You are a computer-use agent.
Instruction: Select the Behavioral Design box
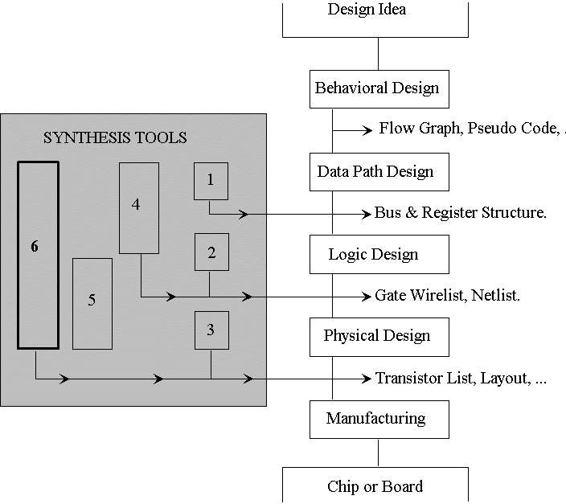coord(378,88)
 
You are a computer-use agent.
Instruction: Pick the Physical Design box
coord(378,336)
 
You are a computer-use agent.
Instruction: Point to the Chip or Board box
coord(375,485)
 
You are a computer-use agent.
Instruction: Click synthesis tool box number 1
coord(211,180)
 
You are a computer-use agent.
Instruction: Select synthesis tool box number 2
coord(211,252)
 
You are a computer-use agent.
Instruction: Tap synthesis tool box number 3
coord(211,330)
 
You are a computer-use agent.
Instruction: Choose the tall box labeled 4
coord(139,207)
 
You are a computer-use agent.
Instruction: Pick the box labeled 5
coord(92,303)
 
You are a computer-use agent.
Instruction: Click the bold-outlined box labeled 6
coord(38,255)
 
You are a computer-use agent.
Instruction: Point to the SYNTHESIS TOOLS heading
coord(115,138)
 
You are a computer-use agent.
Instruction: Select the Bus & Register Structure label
coord(461,213)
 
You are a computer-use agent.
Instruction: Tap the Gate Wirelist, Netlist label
coord(448,296)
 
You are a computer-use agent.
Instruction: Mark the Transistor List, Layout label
coord(461,378)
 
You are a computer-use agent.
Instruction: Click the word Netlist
coord(495,296)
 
